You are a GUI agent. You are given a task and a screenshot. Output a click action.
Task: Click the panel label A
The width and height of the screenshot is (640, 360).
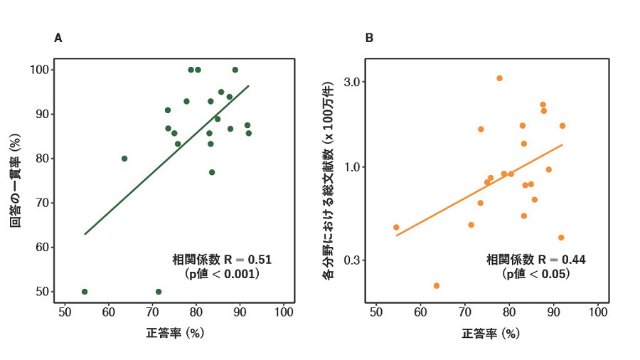coord(58,38)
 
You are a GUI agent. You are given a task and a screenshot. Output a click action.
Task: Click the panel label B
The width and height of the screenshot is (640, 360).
coord(369,38)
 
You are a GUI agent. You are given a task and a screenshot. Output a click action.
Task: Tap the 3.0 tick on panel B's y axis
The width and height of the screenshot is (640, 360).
coord(355,82)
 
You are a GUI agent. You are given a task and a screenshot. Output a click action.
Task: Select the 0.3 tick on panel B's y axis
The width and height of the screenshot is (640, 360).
coord(355,260)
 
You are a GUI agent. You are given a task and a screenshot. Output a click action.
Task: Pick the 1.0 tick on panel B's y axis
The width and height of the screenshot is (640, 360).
coord(355,167)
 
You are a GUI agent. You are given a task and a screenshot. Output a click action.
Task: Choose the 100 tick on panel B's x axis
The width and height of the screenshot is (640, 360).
coord(599,312)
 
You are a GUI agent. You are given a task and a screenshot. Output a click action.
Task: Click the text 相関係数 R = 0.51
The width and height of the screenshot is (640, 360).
coord(223,260)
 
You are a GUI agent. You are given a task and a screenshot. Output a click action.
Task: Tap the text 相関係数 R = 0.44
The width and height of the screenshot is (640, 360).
coord(536,260)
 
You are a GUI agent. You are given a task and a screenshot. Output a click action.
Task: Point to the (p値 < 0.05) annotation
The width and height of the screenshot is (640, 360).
coord(536,273)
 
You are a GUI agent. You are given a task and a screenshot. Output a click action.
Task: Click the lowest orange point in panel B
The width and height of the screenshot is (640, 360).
coord(437,285)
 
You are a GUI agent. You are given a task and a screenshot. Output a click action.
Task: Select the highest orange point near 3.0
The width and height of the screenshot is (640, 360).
coord(500,78)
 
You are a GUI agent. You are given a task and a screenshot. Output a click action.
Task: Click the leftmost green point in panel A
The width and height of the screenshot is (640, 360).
coord(85,292)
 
